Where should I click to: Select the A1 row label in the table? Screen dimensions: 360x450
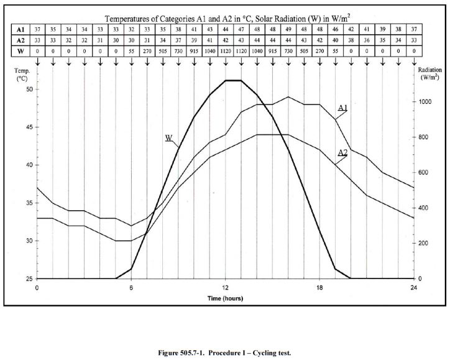point(21,29)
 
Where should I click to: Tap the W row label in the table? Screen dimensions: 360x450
point(21,51)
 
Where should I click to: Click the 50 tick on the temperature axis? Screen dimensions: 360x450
point(29,90)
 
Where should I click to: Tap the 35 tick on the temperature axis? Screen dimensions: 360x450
point(29,203)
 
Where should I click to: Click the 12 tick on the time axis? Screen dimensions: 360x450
point(225,288)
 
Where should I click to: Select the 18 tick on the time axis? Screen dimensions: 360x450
point(319,288)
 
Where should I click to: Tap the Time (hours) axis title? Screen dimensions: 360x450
point(225,298)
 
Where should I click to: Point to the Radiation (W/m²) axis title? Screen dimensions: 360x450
point(429,74)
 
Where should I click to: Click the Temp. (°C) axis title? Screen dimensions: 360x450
point(22,75)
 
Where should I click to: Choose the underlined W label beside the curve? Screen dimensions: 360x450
point(168,137)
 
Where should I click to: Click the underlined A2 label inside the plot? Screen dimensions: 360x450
point(342,152)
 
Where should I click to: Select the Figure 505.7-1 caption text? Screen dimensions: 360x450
point(224,353)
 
